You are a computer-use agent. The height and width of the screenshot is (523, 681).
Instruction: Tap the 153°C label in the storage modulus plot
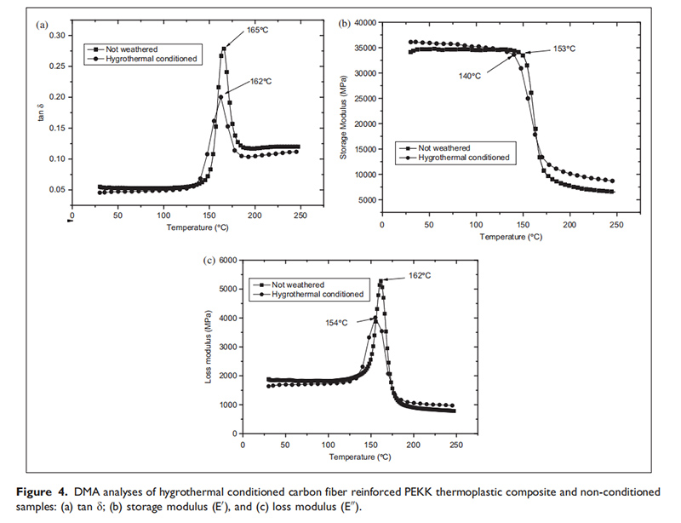564,49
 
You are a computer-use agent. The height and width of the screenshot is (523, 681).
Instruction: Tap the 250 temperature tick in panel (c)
456,444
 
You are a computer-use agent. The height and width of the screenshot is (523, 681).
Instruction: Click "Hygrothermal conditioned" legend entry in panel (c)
318,294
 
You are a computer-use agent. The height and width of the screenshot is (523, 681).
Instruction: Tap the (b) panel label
345,24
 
